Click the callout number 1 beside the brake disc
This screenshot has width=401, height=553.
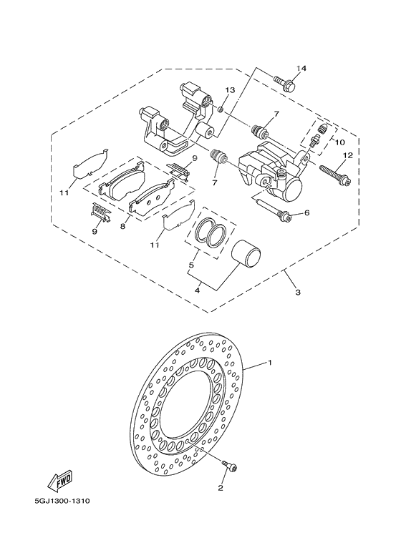(x=270, y=363)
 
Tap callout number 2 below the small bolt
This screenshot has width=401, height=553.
(x=221, y=489)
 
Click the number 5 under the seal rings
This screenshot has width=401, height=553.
(x=190, y=265)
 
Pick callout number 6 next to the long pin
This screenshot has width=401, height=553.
(x=306, y=213)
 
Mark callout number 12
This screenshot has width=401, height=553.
(x=347, y=156)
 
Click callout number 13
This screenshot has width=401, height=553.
(x=231, y=90)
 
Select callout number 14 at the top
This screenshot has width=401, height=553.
(x=301, y=68)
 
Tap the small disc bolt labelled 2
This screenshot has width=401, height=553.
(x=230, y=466)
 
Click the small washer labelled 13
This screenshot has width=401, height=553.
(x=222, y=107)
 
